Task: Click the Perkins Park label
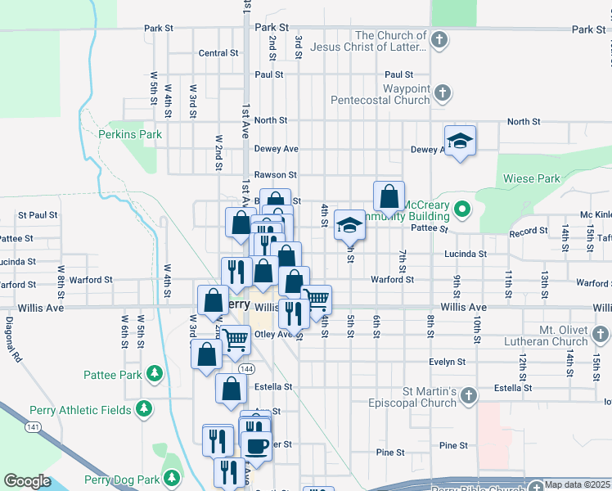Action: (x=130, y=134)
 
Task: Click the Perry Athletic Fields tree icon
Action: (x=144, y=408)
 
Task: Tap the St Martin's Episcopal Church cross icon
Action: (x=469, y=396)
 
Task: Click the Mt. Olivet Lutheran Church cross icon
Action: (x=601, y=334)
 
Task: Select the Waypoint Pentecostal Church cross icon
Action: (x=443, y=92)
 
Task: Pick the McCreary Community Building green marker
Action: (x=462, y=209)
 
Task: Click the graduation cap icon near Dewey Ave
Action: (x=461, y=140)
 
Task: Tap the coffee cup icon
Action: (x=256, y=446)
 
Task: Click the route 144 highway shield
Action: (x=245, y=370)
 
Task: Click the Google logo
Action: (x=27, y=481)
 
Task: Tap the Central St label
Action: (x=218, y=53)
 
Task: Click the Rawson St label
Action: (x=275, y=174)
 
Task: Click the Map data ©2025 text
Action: (x=578, y=484)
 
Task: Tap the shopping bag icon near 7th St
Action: (x=389, y=196)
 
